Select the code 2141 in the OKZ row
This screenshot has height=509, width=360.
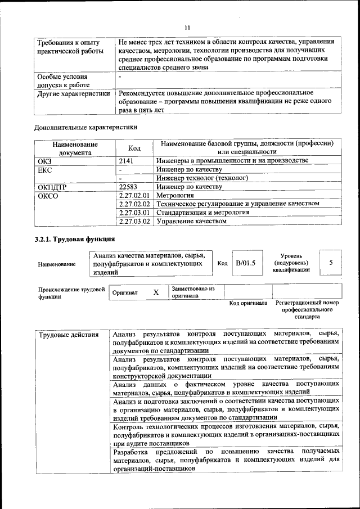click(x=128, y=161)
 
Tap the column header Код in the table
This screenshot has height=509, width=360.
click(x=134, y=148)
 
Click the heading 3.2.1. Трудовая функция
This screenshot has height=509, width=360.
click(x=75, y=240)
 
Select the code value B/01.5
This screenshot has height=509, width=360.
click(x=246, y=263)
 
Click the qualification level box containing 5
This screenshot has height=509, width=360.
click(x=331, y=263)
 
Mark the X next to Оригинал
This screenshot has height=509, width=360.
click(x=156, y=292)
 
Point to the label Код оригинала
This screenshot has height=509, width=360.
click(x=248, y=303)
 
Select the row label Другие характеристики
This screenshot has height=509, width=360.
click(x=73, y=93)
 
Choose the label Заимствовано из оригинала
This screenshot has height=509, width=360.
click(x=193, y=291)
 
